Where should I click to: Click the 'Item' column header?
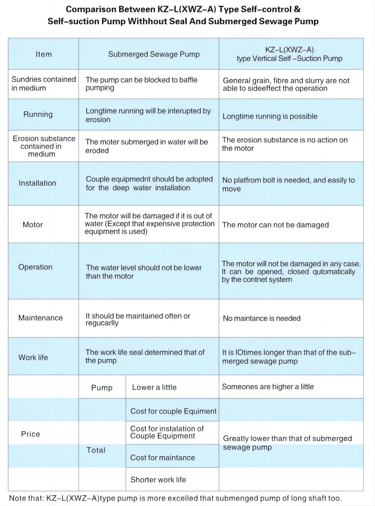click(44, 54)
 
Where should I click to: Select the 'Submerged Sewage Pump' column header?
click(154, 54)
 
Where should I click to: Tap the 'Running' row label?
click(38, 114)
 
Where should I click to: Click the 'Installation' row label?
click(37, 183)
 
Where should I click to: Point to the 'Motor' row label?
click(33, 225)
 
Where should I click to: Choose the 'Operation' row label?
click(35, 267)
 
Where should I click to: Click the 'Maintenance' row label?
click(40, 318)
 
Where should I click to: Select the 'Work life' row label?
click(33, 358)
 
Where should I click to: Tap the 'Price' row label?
click(30, 434)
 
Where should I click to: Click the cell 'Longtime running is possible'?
click(270, 116)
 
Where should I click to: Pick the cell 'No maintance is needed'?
click(261, 319)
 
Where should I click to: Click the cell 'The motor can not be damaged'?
click(275, 225)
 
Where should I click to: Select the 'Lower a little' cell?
click(154, 387)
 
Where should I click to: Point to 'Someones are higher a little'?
click(268, 387)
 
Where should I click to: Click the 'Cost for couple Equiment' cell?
click(173, 411)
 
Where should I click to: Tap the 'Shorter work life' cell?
click(158, 480)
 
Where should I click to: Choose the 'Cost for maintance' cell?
click(162, 458)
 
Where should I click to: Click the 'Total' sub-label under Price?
click(96, 450)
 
